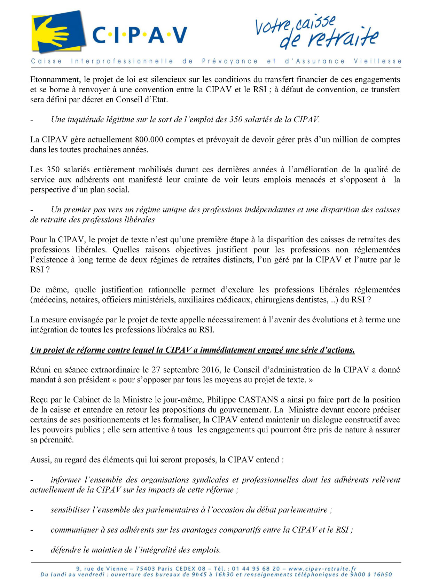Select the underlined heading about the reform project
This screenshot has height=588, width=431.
(193, 350)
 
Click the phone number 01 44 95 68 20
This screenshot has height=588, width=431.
(256, 569)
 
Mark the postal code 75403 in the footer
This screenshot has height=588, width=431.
(146, 569)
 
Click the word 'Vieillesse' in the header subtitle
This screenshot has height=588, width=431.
(378, 61)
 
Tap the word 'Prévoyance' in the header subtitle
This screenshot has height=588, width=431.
(230, 61)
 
